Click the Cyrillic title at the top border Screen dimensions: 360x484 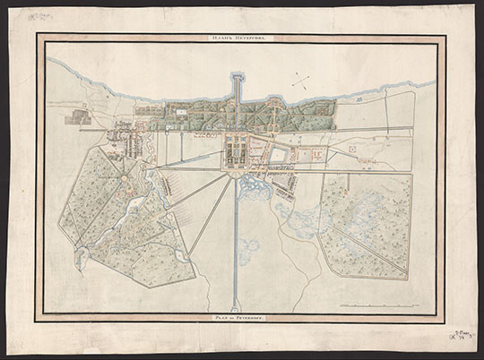pos(241,39)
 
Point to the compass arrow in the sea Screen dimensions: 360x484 pos(304,81)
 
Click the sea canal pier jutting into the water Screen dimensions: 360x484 pos(237,86)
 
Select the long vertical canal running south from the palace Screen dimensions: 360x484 pos(237,242)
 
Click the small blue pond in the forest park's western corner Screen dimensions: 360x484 pos(81,259)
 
